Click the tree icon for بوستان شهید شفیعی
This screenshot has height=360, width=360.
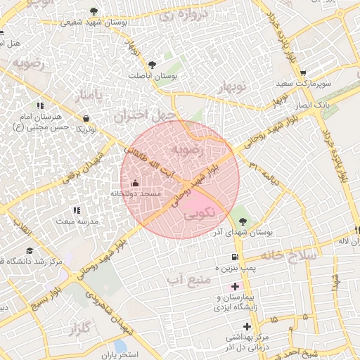(x=94, y=11)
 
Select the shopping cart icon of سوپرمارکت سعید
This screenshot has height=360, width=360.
(x=303, y=72)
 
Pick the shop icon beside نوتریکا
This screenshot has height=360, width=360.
(x=86, y=118)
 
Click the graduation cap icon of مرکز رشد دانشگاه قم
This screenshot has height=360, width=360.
(x=30, y=251)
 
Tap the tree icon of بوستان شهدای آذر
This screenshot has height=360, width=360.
(x=244, y=219)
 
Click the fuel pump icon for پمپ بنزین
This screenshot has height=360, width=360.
(x=234, y=257)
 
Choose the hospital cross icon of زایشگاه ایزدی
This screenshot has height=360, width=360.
(x=235, y=286)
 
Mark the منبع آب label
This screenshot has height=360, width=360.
(x=191, y=280)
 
